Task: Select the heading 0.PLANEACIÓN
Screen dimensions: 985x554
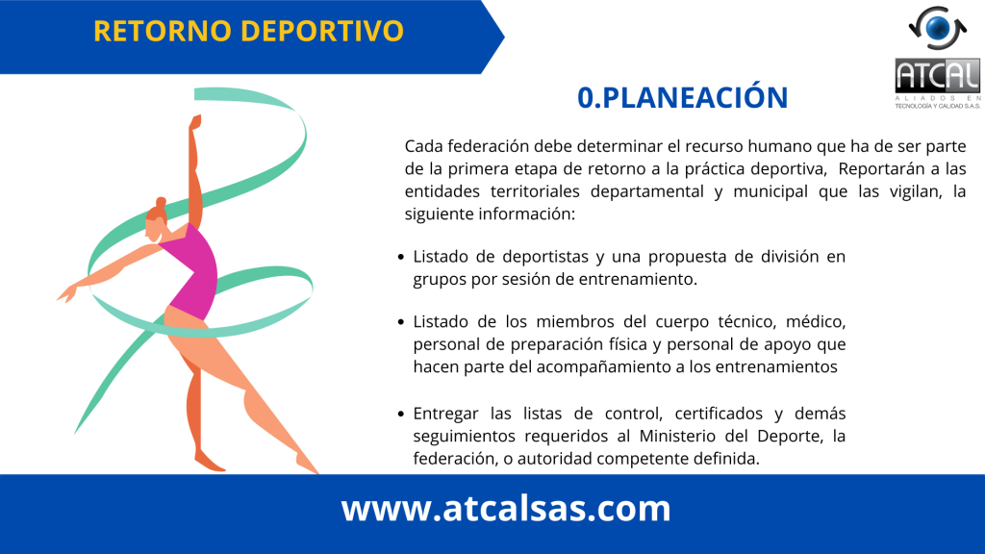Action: tap(682, 97)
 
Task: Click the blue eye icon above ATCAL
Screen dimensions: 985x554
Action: tap(938, 28)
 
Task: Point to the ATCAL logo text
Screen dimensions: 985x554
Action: tap(937, 76)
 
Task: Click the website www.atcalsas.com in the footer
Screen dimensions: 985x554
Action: tap(506, 508)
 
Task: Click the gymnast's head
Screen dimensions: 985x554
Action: tap(156, 220)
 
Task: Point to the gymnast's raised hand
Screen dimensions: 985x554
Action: tap(194, 121)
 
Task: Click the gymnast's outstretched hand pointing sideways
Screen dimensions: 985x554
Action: tap(67, 293)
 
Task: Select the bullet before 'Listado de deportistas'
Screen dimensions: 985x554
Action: tap(401, 257)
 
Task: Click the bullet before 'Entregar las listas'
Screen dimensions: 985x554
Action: tap(401, 414)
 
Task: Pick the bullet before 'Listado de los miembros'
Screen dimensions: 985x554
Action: tap(401, 322)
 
